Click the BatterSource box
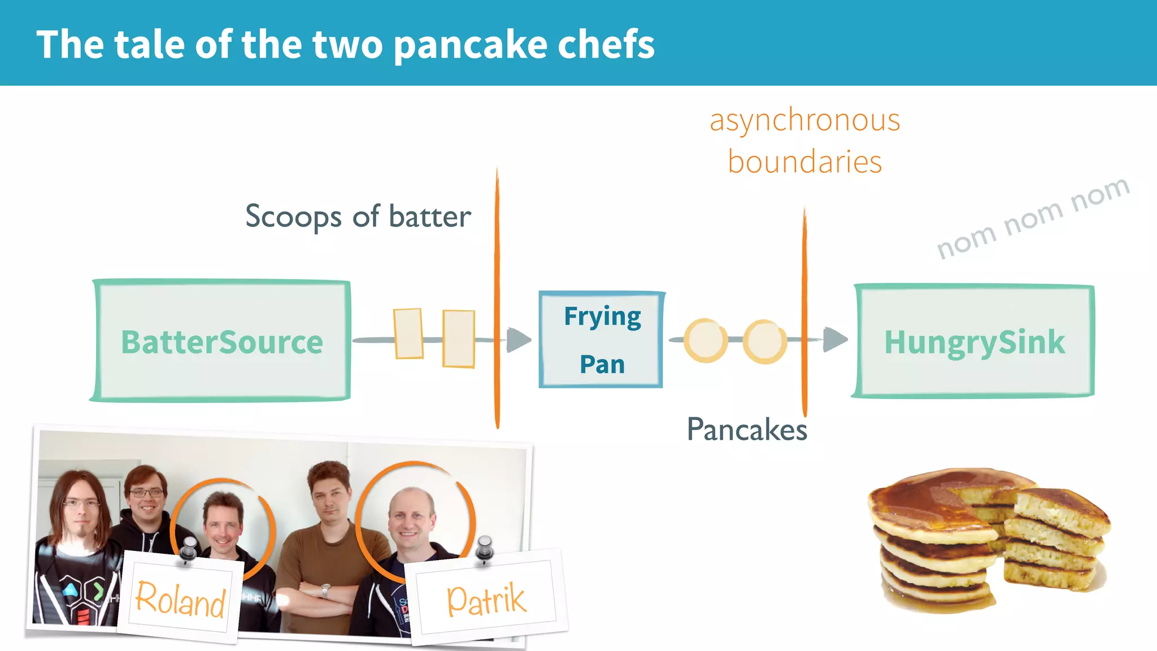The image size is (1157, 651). point(221,341)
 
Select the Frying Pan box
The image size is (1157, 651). point(602,340)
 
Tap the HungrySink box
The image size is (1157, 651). point(974,341)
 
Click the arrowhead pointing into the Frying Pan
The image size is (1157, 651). point(518,340)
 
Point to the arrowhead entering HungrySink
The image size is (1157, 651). point(834,339)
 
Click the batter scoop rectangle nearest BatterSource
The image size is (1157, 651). point(408,333)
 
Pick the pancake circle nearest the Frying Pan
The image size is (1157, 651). point(705,340)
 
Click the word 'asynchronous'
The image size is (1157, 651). point(804,120)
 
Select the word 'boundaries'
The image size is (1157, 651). point(804,162)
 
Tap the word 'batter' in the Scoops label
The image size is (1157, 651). point(430,216)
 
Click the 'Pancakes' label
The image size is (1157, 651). point(747,429)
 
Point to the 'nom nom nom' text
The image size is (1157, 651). point(1033,218)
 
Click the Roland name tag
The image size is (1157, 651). point(180,598)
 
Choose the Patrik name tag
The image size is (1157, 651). point(486,599)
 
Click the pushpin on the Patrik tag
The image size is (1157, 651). point(484,549)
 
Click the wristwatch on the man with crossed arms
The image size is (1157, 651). point(325,591)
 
